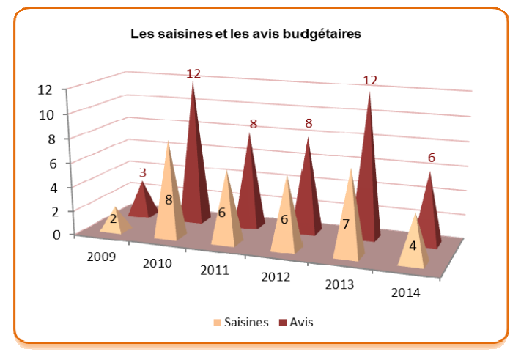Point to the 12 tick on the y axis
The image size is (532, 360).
point(45,89)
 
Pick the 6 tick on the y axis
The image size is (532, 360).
point(51,163)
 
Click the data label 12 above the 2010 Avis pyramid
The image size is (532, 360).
point(193,73)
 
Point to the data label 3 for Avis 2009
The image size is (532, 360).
point(144,173)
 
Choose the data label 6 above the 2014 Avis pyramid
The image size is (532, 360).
point(432,158)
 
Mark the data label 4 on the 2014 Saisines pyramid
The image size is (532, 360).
point(413,246)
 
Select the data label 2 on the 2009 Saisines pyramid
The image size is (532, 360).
point(114,218)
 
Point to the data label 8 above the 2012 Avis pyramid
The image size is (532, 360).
point(309,124)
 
